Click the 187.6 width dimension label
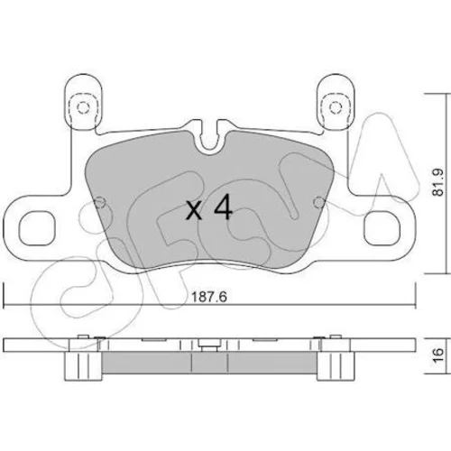click(209, 298)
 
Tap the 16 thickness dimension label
click(439, 355)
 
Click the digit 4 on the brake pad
click(223, 207)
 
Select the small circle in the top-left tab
click(83, 107)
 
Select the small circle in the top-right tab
click(336, 107)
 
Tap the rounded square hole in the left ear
click(37, 228)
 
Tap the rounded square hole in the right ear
click(382, 228)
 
